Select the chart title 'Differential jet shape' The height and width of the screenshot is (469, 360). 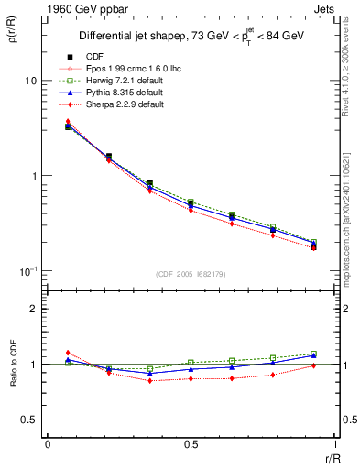pyautogui.click(x=138, y=37)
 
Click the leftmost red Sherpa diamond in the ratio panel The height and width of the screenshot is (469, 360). pyautogui.click(x=68, y=353)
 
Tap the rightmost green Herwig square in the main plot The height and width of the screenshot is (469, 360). pyautogui.click(x=314, y=243)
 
